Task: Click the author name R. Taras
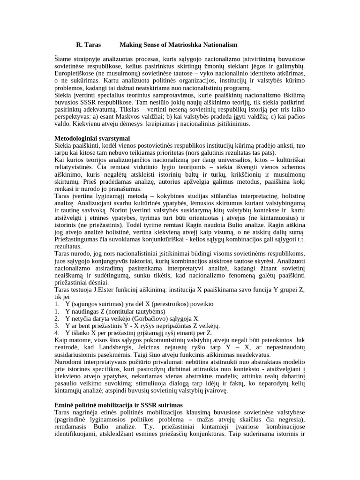pyautogui.click(x=89, y=45)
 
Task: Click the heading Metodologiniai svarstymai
pyautogui.click(x=92, y=139)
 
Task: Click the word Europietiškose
pyautogui.click(x=75, y=74)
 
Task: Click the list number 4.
pyautogui.click(x=57, y=333)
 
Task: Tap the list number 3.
pyautogui.click(x=57, y=325)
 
